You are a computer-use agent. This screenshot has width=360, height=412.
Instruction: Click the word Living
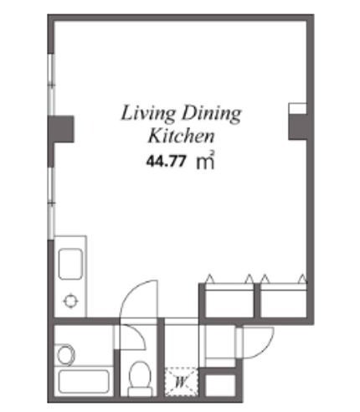click(x=147, y=113)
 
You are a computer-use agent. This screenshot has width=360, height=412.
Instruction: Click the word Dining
click(x=211, y=113)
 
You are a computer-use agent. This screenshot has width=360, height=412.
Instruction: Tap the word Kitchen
click(x=181, y=136)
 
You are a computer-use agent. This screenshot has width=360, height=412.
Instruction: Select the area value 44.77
click(x=166, y=161)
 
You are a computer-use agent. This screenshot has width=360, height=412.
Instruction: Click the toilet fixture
click(x=140, y=379)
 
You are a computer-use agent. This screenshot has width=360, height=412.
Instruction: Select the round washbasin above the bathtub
click(x=66, y=354)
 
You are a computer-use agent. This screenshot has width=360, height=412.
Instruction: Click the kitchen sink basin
click(x=70, y=264)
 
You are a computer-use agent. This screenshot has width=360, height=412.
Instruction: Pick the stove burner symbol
click(x=70, y=301)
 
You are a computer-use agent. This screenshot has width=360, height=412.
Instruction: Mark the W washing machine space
click(x=181, y=382)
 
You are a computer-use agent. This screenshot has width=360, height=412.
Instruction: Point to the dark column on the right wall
click(x=298, y=126)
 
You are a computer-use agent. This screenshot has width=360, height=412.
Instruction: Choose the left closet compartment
click(x=229, y=301)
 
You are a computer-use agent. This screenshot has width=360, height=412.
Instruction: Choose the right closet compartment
click(x=284, y=301)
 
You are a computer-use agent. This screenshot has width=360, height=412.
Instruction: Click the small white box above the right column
click(x=297, y=108)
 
